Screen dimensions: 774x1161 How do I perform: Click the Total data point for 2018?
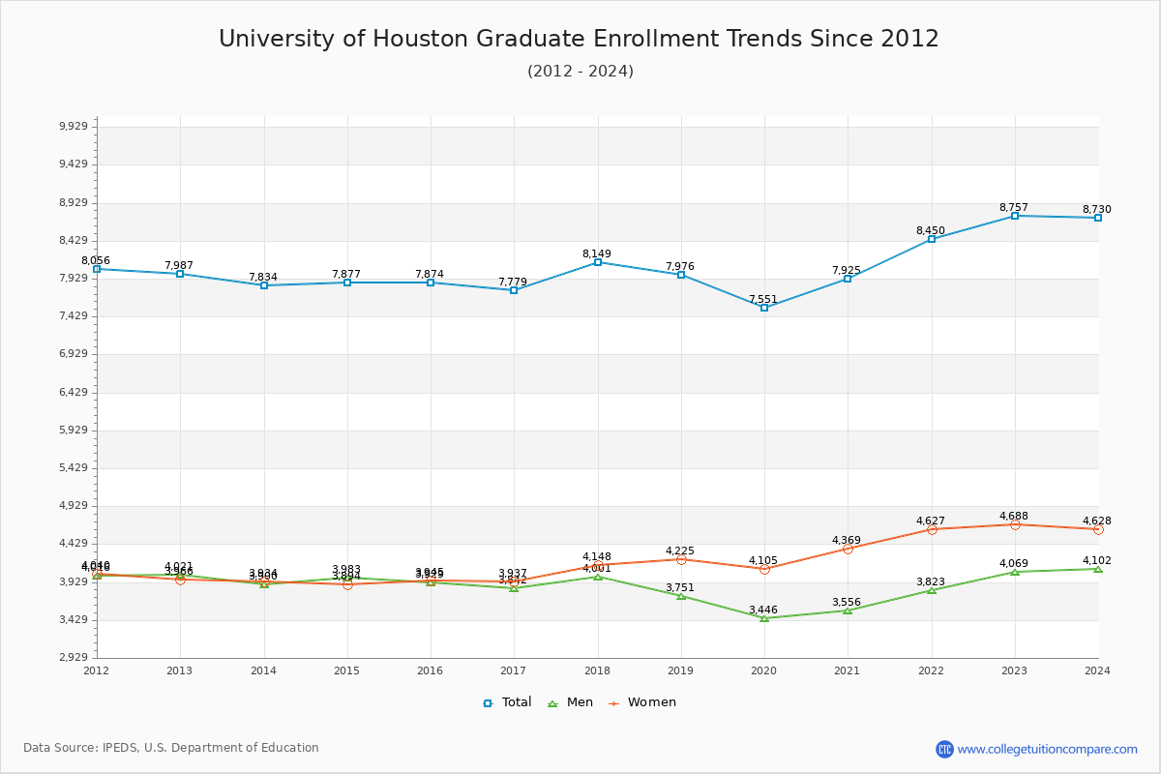(598, 262)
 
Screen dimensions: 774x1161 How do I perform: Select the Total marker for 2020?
(764, 308)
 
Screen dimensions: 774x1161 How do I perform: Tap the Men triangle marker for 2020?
(764, 618)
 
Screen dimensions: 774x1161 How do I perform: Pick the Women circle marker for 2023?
(1015, 524)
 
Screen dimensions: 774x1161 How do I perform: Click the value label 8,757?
(1013, 208)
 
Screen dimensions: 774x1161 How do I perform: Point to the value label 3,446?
(763, 610)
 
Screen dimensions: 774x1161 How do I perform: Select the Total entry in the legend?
(508, 702)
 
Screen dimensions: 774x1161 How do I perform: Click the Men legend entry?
(572, 702)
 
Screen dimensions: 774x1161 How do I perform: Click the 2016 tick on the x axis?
(431, 670)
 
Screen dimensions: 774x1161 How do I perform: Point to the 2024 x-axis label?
(1097, 670)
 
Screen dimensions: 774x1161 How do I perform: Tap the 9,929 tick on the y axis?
(74, 127)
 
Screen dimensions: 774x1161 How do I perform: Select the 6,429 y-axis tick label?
(74, 392)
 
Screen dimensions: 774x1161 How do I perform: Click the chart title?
(579, 39)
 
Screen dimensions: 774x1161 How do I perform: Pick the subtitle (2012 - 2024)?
(580, 72)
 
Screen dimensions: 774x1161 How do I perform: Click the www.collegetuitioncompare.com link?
(1047, 749)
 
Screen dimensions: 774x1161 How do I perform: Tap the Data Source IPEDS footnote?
(171, 748)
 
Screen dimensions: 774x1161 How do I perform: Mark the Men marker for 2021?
(848, 610)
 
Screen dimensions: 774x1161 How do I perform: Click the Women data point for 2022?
(932, 529)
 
